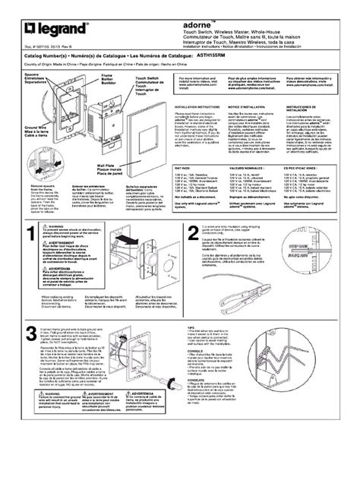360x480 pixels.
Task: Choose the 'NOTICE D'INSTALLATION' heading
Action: (247, 108)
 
